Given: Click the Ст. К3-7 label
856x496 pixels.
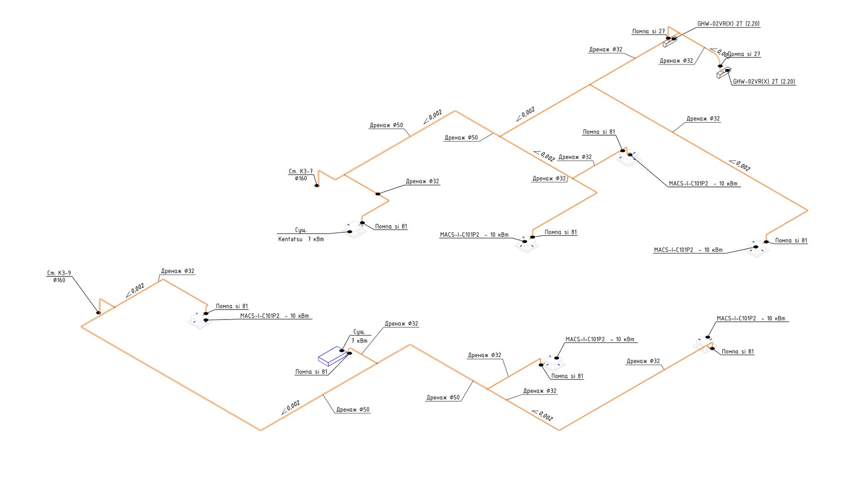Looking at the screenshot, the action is (301, 171).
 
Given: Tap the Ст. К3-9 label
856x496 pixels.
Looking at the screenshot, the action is (59, 273).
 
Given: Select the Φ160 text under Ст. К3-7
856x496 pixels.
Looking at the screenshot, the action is (301, 179).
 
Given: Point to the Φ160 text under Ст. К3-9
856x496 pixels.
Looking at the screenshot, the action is (59, 280).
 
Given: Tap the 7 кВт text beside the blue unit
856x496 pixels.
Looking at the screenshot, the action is (359, 341).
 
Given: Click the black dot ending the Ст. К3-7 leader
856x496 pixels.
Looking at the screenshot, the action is (317, 185).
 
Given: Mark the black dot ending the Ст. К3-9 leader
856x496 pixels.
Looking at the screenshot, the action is (98, 312).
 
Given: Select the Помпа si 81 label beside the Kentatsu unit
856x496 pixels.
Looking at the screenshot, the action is (391, 226).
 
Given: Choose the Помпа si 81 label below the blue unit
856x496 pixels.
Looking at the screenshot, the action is (311, 372).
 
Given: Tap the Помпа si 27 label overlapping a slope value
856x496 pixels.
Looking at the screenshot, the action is (744, 54).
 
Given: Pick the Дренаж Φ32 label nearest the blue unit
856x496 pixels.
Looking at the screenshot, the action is (401, 324).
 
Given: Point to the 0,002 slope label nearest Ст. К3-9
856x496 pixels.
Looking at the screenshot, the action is (137, 289).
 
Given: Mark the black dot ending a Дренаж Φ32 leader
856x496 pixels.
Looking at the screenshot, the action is (378, 194).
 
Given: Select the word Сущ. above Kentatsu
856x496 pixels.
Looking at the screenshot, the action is (301, 230).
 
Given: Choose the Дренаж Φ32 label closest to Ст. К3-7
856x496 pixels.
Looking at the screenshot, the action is (422, 181).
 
